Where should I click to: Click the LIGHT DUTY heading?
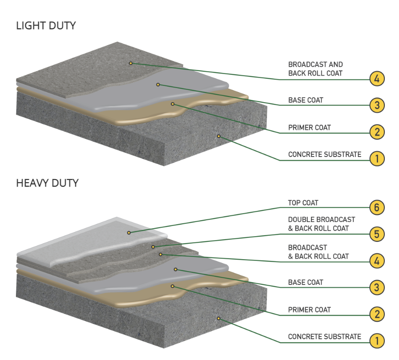click(46, 26)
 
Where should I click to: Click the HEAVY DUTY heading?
click(47, 183)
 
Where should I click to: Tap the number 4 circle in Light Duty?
click(377, 79)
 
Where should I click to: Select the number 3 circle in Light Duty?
click(377, 105)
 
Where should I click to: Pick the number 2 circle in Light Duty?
click(377, 131)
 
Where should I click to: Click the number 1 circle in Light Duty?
click(377, 158)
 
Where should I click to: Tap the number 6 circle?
click(377, 207)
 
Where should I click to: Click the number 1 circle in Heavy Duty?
click(377, 341)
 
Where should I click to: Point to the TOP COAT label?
click(303, 203)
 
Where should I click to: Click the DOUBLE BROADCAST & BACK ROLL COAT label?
click(321, 224)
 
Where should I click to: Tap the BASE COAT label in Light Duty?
click(305, 100)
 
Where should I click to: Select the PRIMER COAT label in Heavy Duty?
click(309, 310)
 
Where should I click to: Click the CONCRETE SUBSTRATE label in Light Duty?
click(324, 154)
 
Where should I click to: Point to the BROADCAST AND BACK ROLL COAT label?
click(315, 69)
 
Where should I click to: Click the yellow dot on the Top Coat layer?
click(129, 232)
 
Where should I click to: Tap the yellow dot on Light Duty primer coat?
click(173, 104)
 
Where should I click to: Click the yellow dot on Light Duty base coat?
click(158, 84)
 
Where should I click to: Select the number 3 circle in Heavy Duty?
click(377, 287)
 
